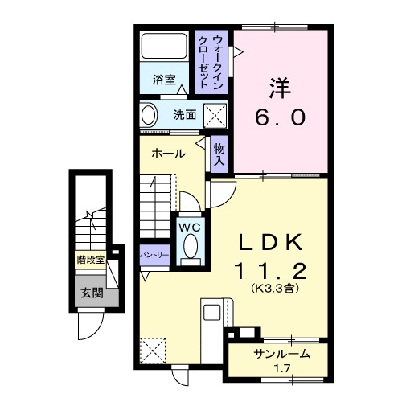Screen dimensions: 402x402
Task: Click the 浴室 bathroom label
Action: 165,80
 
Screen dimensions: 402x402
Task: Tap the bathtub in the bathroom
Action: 166,51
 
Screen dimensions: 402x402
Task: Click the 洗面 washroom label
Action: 185,115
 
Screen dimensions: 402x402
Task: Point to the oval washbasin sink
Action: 150,115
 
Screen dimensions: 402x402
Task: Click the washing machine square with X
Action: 215,116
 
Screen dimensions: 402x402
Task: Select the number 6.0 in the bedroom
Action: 281,117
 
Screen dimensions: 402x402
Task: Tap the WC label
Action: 190,228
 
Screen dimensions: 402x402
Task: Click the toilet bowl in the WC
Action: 190,250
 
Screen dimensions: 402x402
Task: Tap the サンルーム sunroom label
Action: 281,354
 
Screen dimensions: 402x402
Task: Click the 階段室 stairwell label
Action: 91,260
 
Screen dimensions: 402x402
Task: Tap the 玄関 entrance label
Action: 91,293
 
